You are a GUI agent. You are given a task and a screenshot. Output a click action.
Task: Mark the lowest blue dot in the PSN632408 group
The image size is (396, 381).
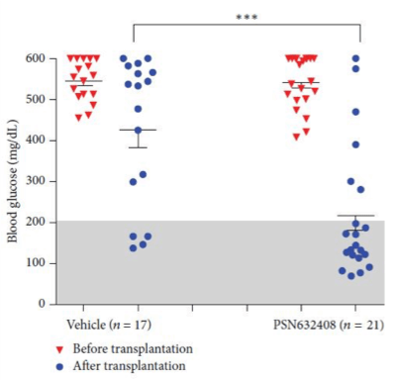coord(350,275)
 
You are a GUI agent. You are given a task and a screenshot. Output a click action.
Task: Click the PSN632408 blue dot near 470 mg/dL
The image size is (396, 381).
coord(354,112)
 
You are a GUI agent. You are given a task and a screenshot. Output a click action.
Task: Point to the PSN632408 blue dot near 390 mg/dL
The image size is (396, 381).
coord(354,144)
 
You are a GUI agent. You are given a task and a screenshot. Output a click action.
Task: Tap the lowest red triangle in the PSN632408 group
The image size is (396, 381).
coord(296,137)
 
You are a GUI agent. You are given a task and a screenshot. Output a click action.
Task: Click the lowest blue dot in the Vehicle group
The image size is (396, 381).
coord(133,247)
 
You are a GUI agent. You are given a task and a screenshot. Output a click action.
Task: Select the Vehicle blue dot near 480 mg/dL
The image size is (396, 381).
coord(138,109)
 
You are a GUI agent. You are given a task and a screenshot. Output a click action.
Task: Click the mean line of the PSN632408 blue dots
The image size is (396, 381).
coord(354,216)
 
